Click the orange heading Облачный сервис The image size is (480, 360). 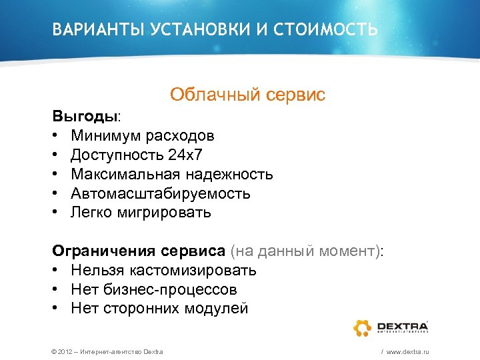(247, 95)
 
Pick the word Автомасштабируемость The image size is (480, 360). (161, 194)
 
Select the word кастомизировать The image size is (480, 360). (193, 271)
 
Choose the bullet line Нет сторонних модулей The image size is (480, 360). (159, 309)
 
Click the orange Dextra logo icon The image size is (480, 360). (363, 327)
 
